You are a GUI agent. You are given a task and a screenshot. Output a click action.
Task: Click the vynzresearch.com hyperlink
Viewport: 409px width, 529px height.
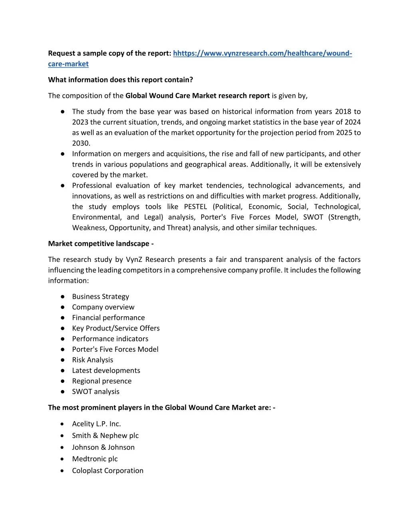tap(262, 53)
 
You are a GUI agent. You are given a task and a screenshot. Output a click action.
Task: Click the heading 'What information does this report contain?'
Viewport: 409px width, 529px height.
tap(120, 80)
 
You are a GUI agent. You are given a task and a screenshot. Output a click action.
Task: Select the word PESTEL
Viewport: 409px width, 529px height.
tap(195, 207)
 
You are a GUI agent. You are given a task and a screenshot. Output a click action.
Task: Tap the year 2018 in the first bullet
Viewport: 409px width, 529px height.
tap(343, 112)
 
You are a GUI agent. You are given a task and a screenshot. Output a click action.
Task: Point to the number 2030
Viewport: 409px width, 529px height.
tap(81, 143)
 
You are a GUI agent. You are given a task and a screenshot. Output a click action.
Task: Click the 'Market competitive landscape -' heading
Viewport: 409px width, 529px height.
tap(101, 244)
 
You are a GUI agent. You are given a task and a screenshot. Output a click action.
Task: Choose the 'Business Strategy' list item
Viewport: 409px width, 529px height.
tap(100, 297)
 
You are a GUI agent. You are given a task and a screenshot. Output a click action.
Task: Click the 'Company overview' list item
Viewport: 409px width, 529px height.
tap(103, 307)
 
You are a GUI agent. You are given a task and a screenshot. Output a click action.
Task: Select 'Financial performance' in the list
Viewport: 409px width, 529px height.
tap(108, 318)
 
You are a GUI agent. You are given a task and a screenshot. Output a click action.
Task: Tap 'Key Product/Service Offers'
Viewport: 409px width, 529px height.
tap(116, 328)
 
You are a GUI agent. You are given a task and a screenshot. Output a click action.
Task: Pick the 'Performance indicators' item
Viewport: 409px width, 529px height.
tap(110, 339)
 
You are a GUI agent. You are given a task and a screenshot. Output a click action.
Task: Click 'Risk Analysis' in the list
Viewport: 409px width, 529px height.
tap(92, 360)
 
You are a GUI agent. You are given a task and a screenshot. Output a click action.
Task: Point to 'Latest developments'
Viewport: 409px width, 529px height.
tap(106, 370)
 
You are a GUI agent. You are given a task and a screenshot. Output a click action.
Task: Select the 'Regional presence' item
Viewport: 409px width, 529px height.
tap(101, 381)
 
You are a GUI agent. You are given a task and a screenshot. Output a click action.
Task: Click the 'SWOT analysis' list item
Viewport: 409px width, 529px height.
tap(95, 392)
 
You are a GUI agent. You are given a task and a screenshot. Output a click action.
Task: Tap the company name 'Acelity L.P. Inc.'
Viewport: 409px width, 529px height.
tap(96, 424)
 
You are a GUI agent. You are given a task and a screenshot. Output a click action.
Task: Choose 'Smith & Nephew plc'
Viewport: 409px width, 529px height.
tap(105, 436)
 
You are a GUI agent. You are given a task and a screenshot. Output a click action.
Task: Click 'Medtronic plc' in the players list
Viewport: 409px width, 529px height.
tap(95, 459)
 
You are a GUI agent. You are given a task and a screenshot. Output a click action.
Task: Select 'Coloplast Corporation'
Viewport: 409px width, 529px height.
tap(107, 471)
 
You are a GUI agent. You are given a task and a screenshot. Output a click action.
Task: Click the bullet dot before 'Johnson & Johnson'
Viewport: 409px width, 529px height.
tap(62, 448)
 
